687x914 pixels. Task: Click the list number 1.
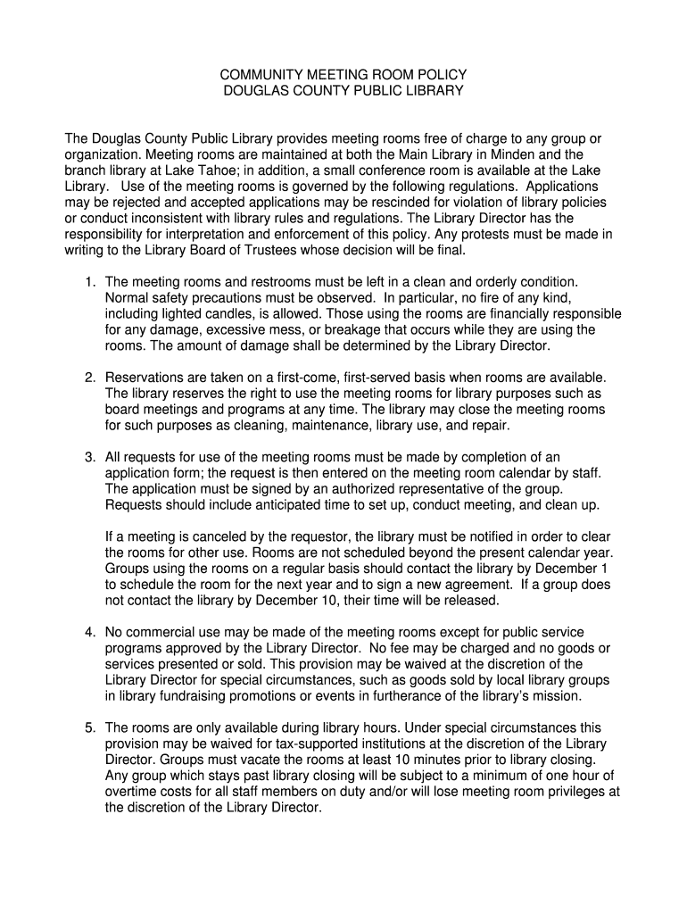90,282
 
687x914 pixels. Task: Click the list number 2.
90,378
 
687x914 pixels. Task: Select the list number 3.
90,458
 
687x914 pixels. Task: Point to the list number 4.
90,633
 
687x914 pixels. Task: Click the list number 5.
90,728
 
